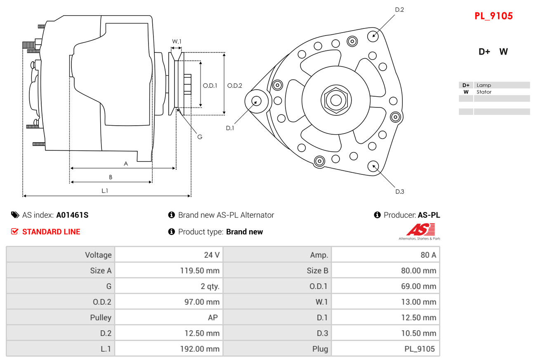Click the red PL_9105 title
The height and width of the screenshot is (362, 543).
493,16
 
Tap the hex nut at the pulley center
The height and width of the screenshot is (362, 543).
336,100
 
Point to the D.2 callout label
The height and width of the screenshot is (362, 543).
399,10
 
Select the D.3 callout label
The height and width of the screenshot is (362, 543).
400,192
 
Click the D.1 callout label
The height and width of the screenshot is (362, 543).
230,128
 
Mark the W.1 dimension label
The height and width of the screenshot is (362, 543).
177,41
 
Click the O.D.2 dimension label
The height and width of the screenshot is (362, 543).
235,86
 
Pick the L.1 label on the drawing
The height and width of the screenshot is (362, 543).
105,191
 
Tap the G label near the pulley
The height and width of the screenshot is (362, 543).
200,137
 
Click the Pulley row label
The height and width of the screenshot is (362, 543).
101,317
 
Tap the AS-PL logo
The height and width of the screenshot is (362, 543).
420,231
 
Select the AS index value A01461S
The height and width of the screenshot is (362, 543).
72,215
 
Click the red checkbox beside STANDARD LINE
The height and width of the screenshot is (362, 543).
14,231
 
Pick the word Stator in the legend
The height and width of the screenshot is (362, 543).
484,92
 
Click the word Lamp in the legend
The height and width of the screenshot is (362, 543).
484,85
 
